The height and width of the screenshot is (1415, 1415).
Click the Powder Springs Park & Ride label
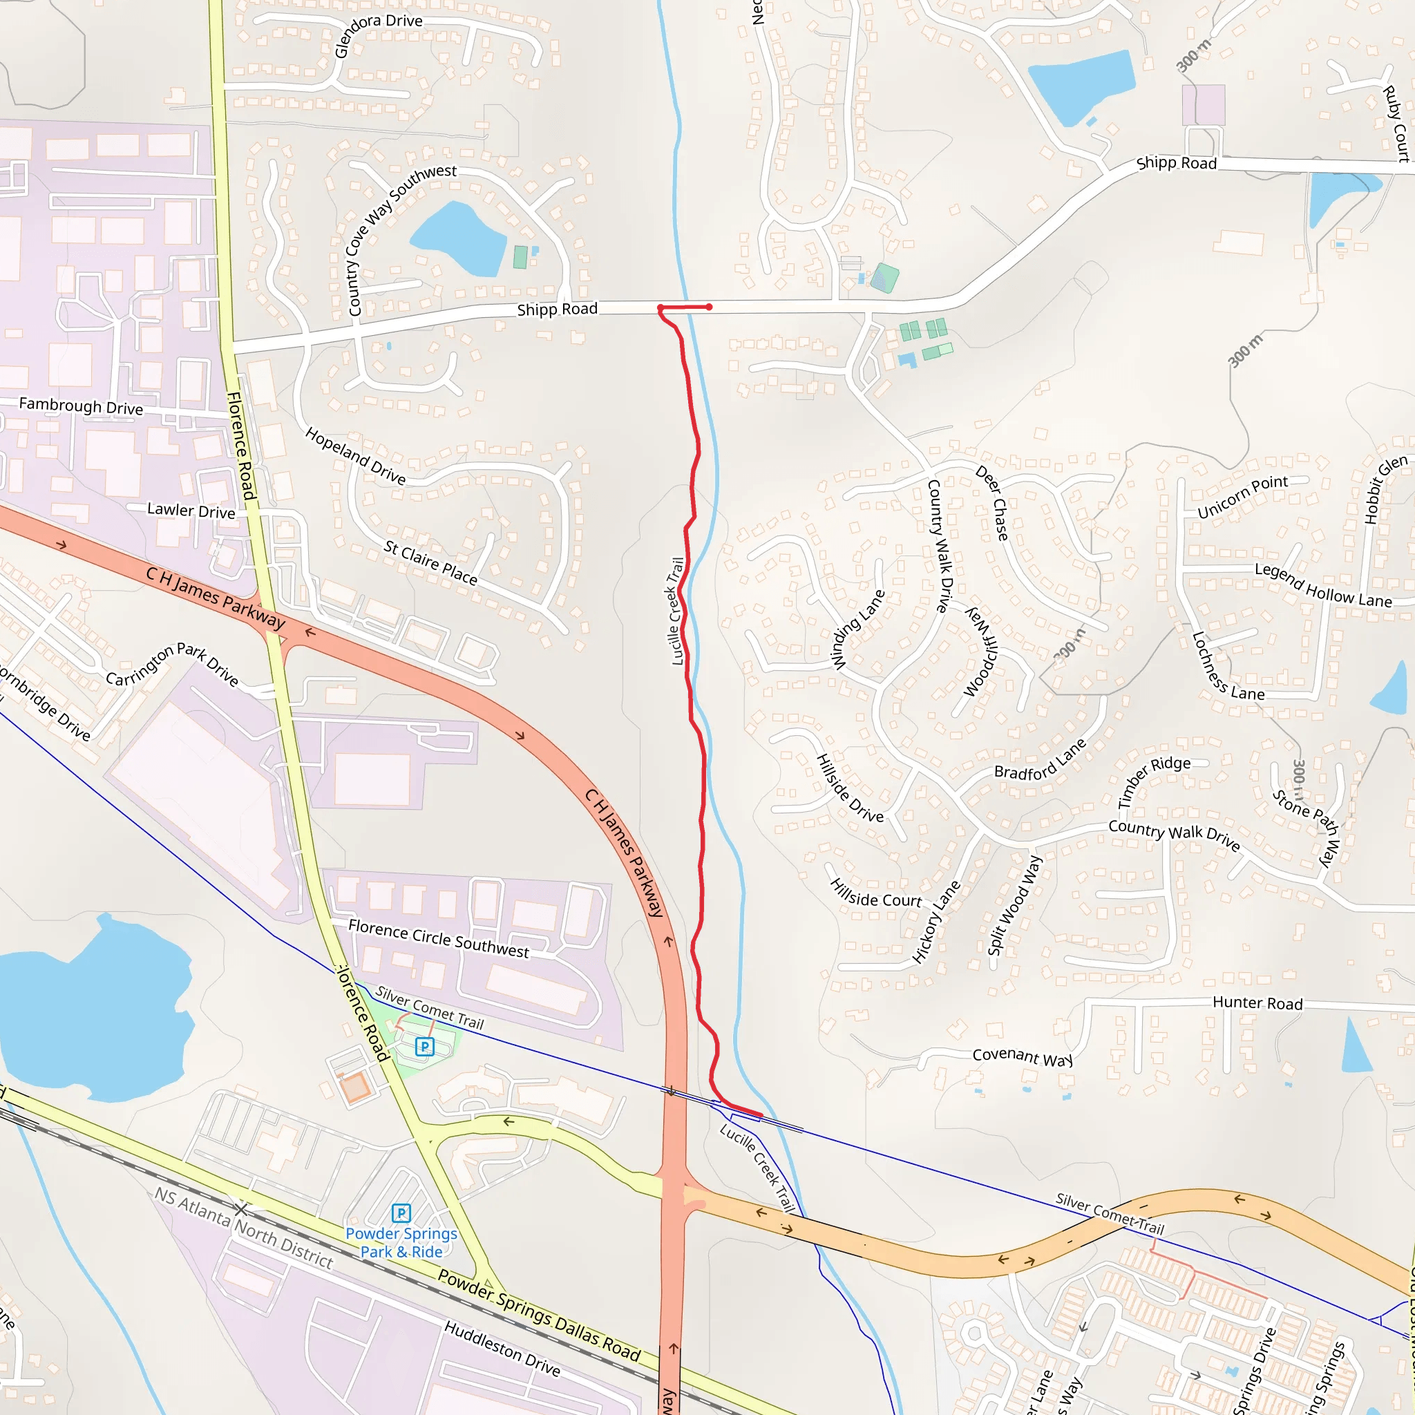click(x=401, y=1243)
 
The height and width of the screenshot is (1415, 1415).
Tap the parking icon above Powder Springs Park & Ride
click(x=401, y=1213)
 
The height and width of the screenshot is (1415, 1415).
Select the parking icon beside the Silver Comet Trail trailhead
click(x=425, y=1047)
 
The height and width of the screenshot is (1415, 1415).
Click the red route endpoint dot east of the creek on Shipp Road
click(x=709, y=307)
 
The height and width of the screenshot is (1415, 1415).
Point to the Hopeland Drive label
click(x=355, y=455)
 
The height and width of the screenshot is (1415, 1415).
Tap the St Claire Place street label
click(x=430, y=562)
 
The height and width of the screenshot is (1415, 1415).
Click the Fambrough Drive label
click(x=82, y=406)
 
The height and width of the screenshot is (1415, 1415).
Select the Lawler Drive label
click(x=191, y=511)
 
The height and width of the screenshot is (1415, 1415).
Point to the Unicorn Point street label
click(x=1242, y=496)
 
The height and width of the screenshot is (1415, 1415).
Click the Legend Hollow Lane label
click(x=1322, y=585)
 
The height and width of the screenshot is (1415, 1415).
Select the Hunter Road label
click(x=1257, y=1003)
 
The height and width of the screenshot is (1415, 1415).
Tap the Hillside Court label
click(x=876, y=893)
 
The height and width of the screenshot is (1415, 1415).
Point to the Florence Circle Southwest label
click(x=438, y=938)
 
